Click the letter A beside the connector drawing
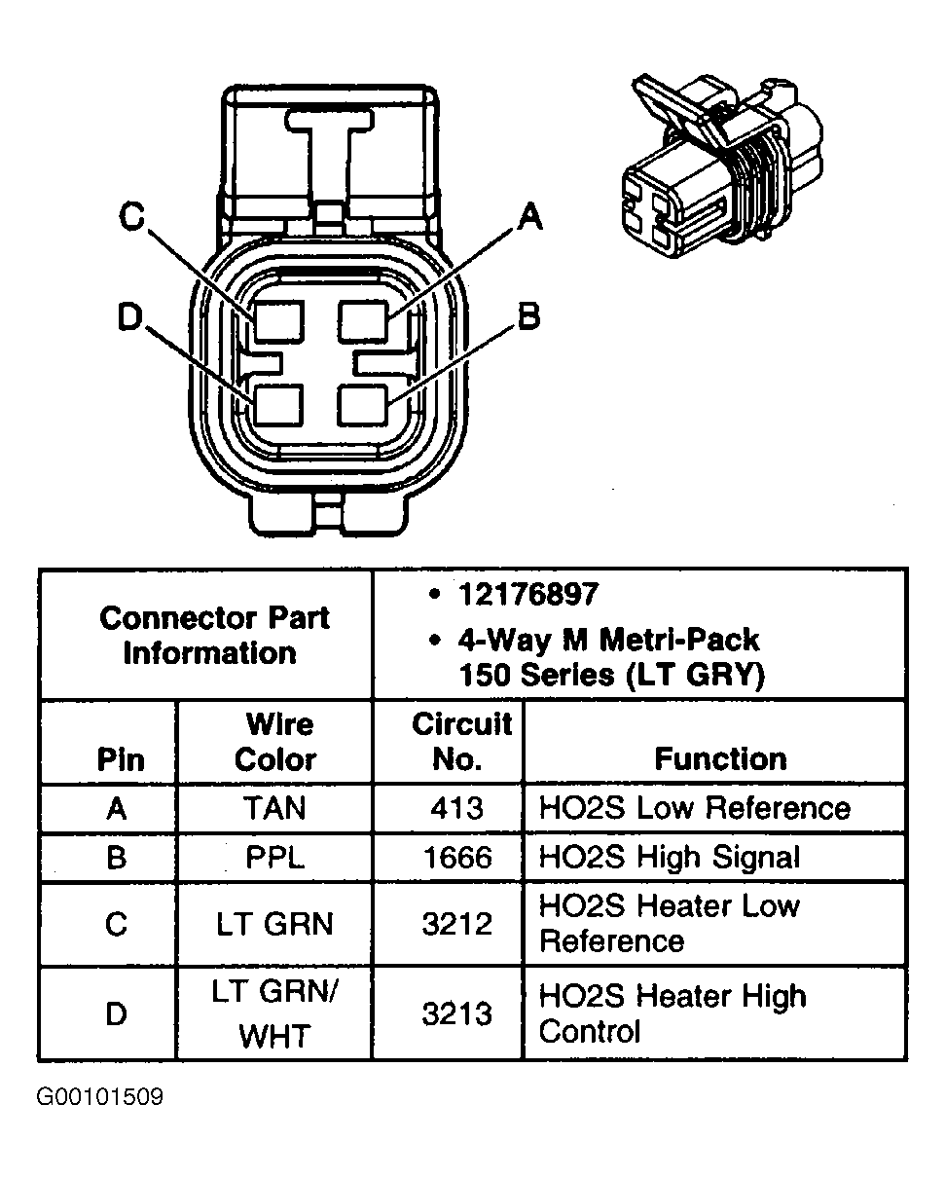528,216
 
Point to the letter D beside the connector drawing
130,317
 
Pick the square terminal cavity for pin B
363,403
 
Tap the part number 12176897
528,594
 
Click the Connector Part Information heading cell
214,635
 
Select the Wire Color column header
275,742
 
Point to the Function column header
720,759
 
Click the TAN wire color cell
275,808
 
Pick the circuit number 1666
456,857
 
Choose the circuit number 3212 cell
456,924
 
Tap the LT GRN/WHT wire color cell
275,1013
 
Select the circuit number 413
456,808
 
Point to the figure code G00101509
100,1098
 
